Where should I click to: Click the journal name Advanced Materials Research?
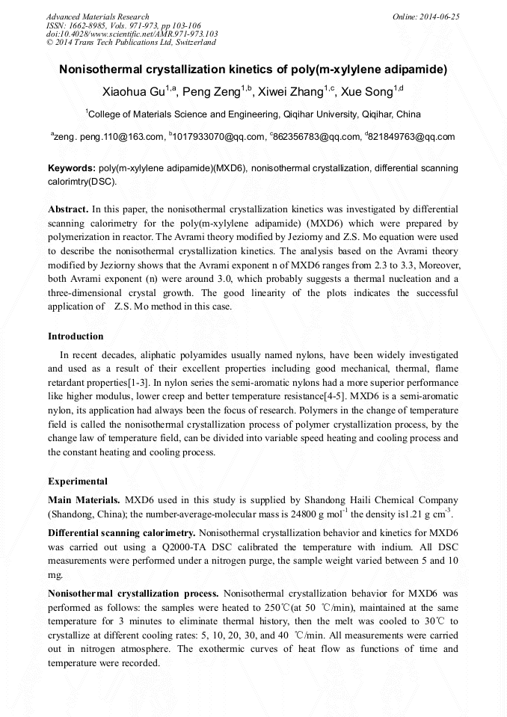click(97, 16)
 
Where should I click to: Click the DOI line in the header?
click(132, 34)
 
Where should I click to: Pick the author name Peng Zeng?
click(215, 93)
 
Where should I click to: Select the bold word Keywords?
click(71, 169)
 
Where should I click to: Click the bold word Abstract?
click(68, 209)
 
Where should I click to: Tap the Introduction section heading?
click(76, 336)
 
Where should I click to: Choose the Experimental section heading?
click(78, 481)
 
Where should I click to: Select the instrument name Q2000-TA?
click(159, 547)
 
